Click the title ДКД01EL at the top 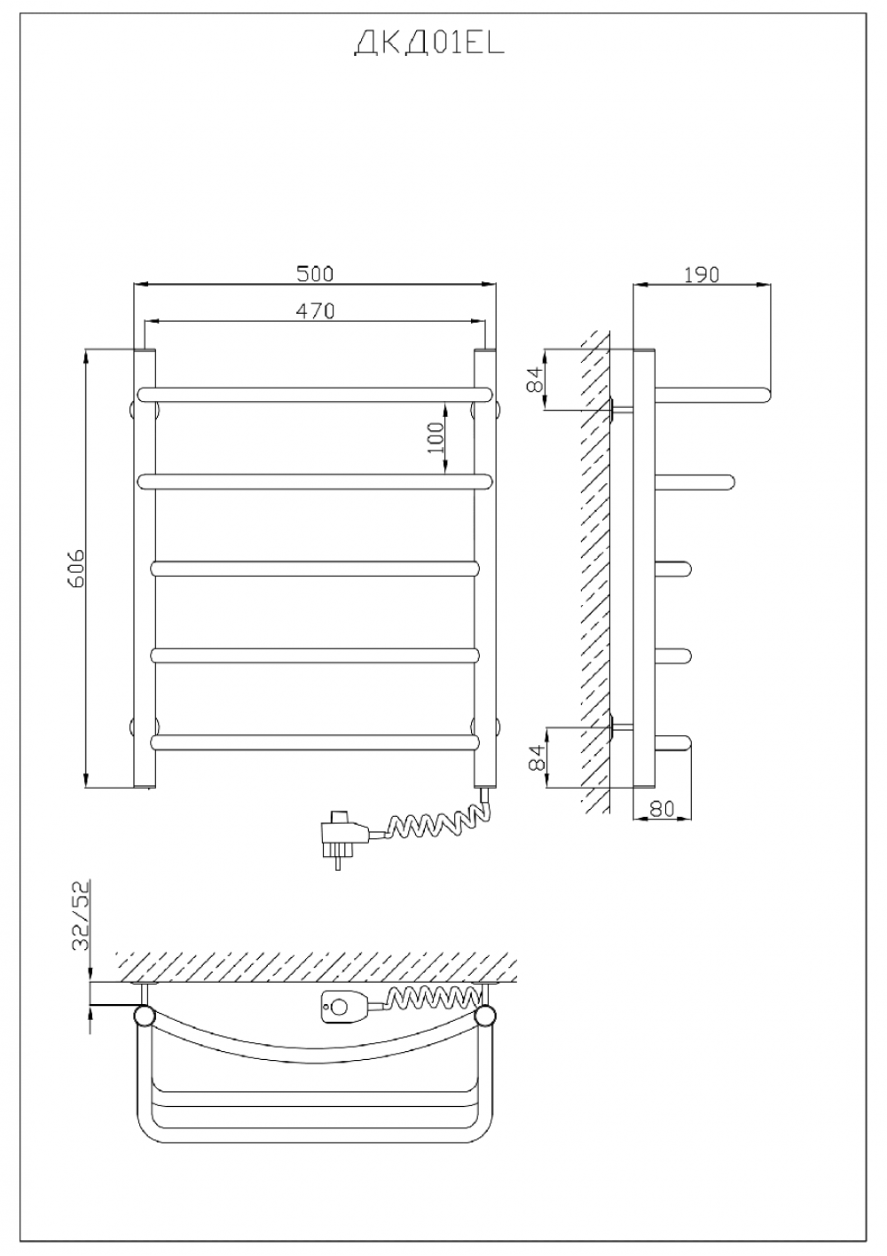click(x=429, y=43)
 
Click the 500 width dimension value click(x=315, y=273)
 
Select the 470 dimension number click(x=315, y=310)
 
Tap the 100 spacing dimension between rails click(x=436, y=437)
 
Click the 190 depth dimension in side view click(x=702, y=274)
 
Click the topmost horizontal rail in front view click(x=315, y=395)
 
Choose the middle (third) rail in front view click(x=315, y=569)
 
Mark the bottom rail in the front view click(x=315, y=742)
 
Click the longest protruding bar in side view click(x=712, y=395)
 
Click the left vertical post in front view click(x=144, y=569)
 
